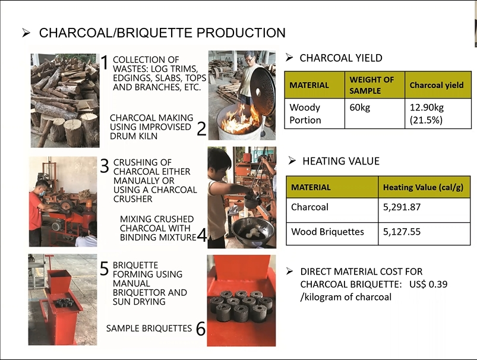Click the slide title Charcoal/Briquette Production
pos(162,33)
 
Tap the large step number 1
pos(105,62)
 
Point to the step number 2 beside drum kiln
pos(201,128)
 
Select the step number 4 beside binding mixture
pos(202,235)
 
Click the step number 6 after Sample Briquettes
pos(201,329)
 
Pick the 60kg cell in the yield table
pos(359,108)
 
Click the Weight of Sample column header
pos(371,85)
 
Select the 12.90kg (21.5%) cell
pos(427,114)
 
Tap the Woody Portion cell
pos(305,114)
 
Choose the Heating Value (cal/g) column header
pos(423,187)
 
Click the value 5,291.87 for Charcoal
pos(402,207)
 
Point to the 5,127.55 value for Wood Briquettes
pos(402,232)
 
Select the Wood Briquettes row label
pos(327,232)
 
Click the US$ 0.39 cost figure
pos(428,284)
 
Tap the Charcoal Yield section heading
pos(341,58)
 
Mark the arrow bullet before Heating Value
pos(292,160)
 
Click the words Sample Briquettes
pos(149,329)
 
